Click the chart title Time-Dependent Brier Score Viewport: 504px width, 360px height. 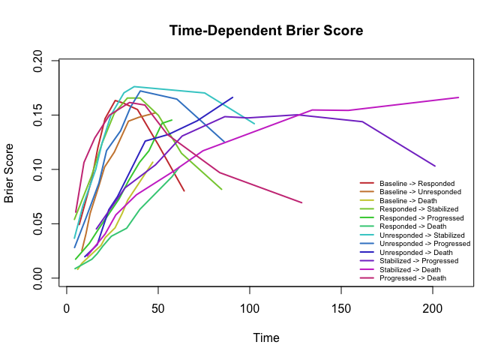[266, 31]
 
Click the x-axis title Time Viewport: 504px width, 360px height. [266, 338]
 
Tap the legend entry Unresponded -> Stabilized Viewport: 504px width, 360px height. [417, 235]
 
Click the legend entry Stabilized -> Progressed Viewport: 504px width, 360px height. [416, 261]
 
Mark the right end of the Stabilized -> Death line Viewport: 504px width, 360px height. [458, 97]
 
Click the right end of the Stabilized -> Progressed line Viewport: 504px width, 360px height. [435, 166]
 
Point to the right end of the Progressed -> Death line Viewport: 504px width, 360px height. [301, 202]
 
